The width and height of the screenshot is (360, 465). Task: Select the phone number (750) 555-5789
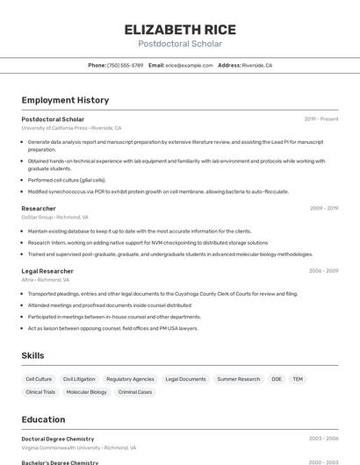click(125, 65)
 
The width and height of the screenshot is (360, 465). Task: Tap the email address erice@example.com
click(189, 65)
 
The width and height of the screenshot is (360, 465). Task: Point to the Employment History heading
click(65, 100)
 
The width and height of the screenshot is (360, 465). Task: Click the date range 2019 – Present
click(320, 119)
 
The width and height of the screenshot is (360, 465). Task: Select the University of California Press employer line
click(71, 128)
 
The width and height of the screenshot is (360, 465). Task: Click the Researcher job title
click(39, 209)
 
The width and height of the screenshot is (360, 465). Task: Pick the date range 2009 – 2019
click(323, 209)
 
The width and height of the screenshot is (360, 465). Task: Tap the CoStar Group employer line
click(54, 217)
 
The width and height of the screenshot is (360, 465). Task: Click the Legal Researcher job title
click(47, 271)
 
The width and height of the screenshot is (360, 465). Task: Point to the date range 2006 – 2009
click(323, 271)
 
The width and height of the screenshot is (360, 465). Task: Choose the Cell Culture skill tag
click(39, 379)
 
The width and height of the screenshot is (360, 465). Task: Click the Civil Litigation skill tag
click(79, 379)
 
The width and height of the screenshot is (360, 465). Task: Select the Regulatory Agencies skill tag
click(130, 379)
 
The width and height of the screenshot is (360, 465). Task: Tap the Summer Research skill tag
click(238, 379)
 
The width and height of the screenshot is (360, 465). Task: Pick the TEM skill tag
click(298, 379)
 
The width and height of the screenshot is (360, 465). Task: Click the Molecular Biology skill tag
click(86, 392)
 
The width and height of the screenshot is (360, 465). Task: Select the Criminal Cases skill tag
click(135, 392)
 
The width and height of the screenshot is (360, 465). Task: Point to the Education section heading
click(43, 419)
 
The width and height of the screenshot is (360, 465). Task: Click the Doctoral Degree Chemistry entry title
click(57, 439)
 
